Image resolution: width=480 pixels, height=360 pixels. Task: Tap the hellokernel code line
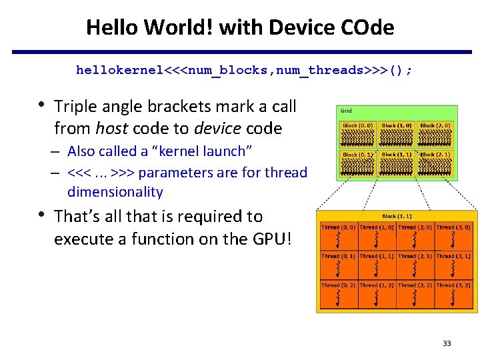(244, 70)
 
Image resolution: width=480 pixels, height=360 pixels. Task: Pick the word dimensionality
(115, 192)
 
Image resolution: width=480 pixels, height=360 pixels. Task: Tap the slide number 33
(446, 343)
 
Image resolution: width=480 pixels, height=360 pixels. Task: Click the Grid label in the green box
(347, 111)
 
